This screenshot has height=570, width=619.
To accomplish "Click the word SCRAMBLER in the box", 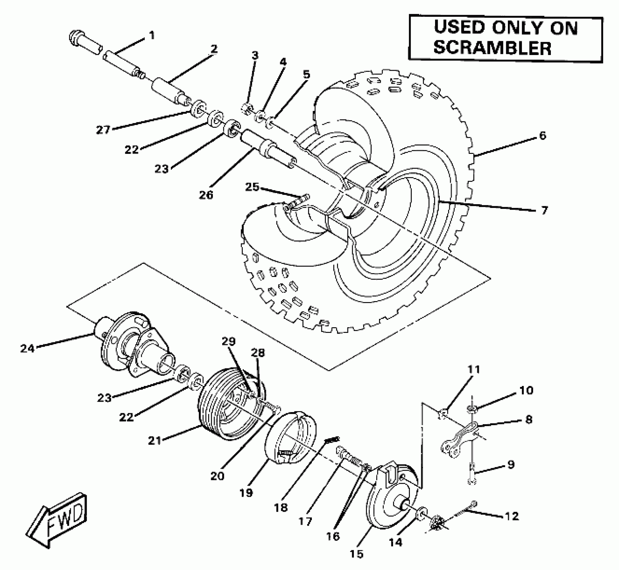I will coord(492,47).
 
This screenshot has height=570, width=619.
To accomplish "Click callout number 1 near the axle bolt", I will coord(152,35).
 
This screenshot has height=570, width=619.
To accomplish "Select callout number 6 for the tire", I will coord(542,135).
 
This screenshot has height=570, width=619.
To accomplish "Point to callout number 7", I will coord(544,210).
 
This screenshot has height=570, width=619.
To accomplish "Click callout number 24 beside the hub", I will coord(27,348).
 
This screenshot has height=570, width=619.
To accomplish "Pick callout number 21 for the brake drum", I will coord(155,441).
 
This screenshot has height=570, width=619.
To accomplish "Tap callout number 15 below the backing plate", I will coord(356,554).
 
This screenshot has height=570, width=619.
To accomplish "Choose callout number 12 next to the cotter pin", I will coord(512,516).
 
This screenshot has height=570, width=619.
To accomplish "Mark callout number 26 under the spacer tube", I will coord(206,194).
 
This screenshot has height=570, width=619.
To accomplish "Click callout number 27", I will coord(103,130).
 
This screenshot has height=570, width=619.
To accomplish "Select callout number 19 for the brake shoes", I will coord(246,493).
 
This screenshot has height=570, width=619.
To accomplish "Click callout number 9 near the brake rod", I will coord(511,465).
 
